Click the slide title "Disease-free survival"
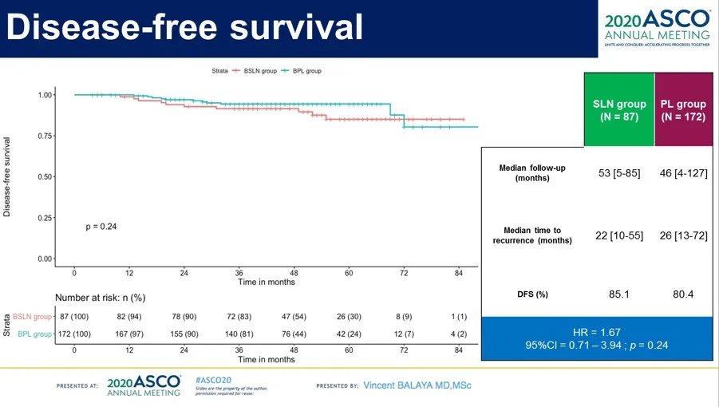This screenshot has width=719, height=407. point(184,27)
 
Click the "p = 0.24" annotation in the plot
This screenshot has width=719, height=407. point(101,227)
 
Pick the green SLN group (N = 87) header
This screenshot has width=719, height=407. point(619,111)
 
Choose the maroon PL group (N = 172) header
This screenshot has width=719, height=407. point(683,111)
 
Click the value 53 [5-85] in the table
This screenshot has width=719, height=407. point(615,172)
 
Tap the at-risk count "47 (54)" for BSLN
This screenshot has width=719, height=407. point(294,317)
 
